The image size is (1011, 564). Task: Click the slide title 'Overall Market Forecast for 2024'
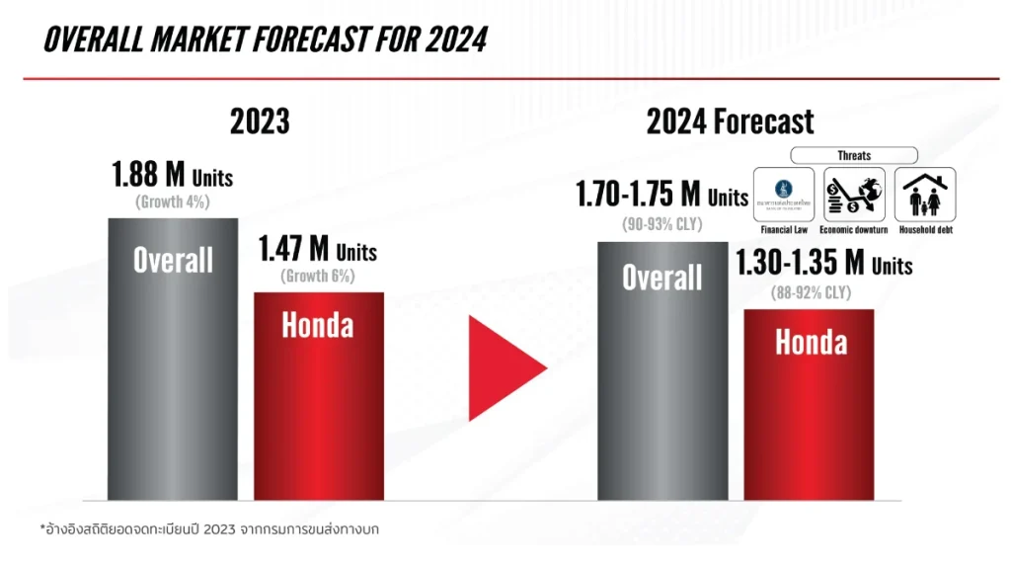266,39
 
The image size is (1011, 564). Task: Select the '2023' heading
260,121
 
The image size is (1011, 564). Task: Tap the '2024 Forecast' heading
730,121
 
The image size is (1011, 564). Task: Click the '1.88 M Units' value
173,176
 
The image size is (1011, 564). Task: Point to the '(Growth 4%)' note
173,202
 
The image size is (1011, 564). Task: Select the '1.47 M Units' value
318,249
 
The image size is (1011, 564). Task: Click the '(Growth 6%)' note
318,276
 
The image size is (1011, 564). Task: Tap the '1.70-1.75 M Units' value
662,196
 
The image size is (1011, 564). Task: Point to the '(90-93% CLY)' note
661,223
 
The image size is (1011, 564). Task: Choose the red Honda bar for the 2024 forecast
810,415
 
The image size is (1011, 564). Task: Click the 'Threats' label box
854,155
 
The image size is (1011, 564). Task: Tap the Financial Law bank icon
783,194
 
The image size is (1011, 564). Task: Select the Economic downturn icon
854,194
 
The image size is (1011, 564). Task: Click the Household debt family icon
925,194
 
